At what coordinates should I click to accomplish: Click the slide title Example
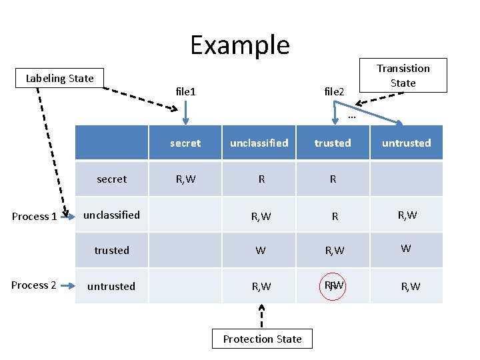click(240, 45)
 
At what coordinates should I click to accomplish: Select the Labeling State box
click(60, 79)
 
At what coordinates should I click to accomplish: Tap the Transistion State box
click(403, 75)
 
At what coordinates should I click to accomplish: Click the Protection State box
click(262, 339)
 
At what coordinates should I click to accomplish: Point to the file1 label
click(185, 91)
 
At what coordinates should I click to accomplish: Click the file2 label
click(334, 91)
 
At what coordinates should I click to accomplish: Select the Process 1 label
click(34, 216)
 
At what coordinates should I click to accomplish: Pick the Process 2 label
click(34, 285)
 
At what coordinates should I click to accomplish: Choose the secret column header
click(185, 143)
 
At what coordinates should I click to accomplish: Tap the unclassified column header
click(259, 143)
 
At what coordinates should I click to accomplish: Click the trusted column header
click(333, 143)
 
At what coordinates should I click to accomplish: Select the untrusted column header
click(407, 143)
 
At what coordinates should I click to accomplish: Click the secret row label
click(111, 179)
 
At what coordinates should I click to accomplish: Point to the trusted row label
click(111, 250)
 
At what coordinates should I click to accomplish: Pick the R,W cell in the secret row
click(185, 179)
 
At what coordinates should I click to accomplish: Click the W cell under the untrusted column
click(406, 249)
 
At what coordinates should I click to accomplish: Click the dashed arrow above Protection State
click(262, 315)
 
